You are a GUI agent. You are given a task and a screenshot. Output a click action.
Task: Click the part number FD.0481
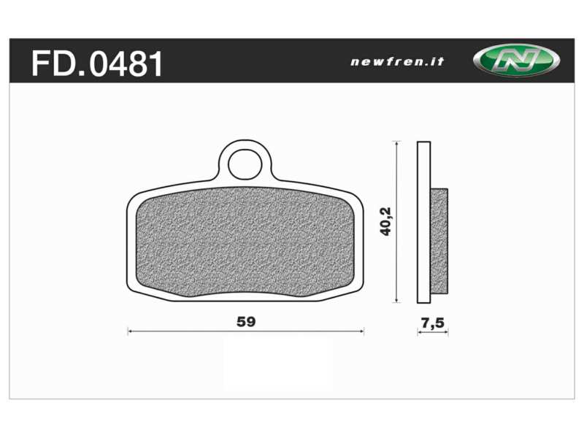pos(96,64)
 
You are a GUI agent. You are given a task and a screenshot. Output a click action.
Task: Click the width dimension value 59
pos(246,320)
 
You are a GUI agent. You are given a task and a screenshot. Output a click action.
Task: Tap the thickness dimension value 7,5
pos(432,322)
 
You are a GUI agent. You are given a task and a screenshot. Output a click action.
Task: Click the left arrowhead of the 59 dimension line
pos(130,331)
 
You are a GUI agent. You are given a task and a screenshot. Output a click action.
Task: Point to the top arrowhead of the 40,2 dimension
pos(396,144)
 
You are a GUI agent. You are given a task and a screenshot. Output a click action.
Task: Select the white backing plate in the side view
pos(423,222)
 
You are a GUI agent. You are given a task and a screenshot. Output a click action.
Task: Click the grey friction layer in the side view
pos(439,241)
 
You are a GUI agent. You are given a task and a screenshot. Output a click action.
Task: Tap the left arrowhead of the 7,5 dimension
pos(419,332)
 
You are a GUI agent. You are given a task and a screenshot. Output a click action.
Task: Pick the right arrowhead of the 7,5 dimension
pos(446,332)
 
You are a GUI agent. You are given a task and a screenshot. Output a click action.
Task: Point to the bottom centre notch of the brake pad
pos(245,295)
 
